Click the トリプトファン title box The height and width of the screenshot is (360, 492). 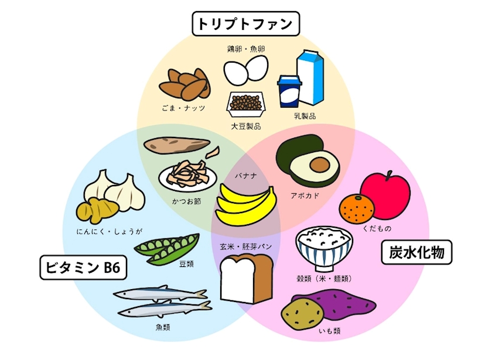coord(245,24)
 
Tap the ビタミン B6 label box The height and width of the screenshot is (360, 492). coord(83,268)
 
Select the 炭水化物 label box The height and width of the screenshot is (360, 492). coord(416,252)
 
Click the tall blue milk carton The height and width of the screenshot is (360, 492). coord(310,77)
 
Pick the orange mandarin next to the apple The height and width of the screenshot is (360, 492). coord(357,208)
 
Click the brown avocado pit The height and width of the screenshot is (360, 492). coord(319,165)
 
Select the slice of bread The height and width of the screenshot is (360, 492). coord(247,279)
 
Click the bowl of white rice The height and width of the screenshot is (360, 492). coord(324,249)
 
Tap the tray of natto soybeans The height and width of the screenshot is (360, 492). coord(247,104)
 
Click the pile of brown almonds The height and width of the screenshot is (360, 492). coord(185,83)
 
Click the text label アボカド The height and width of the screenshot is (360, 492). coord(305,196)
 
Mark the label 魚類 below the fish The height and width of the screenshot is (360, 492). coord(163,327)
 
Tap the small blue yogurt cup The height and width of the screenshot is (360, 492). coord(289,91)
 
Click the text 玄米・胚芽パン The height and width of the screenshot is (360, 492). coord(245,246)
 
